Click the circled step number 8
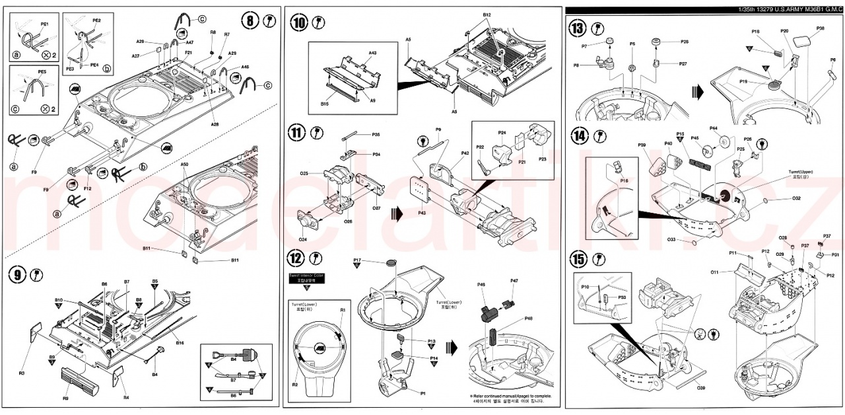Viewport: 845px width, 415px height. pyautogui.click(x=250, y=20)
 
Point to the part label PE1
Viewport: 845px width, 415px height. pyautogui.click(x=44, y=23)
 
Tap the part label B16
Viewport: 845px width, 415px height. pyautogui.click(x=179, y=343)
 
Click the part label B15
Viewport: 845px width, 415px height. pyautogui.click(x=325, y=104)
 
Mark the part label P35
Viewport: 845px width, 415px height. pyautogui.click(x=376, y=135)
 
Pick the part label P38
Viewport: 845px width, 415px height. pyautogui.click(x=820, y=28)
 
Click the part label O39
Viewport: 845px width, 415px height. pyautogui.click(x=700, y=389)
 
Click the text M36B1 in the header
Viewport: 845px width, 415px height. pyautogui.click(x=811, y=9)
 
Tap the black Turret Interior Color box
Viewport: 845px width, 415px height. pyautogui.click(x=306, y=277)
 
